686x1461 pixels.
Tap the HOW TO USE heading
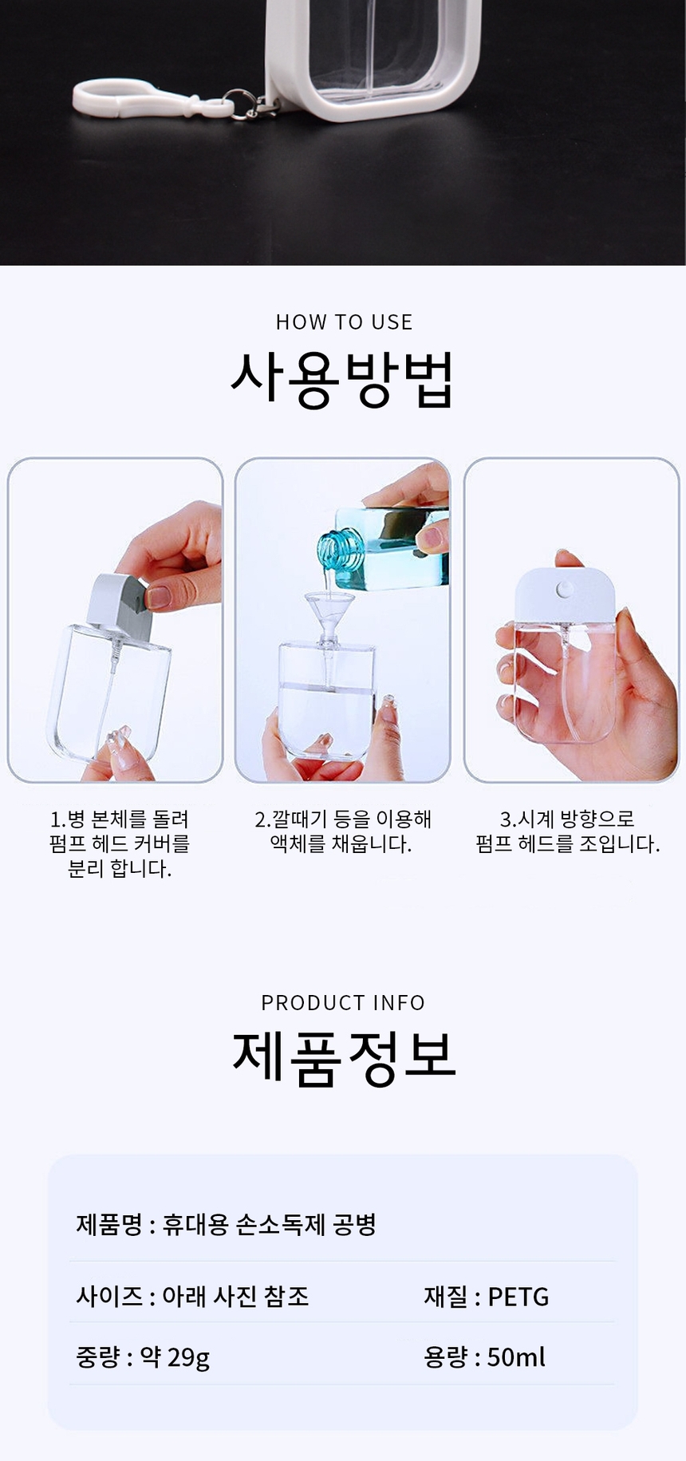(x=344, y=322)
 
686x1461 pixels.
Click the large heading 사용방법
(x=343, y=380)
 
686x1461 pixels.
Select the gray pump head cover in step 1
(x=119, y=607)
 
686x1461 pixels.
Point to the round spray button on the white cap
(x=564, y=590)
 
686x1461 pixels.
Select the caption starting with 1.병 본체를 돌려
(x=120, y=843)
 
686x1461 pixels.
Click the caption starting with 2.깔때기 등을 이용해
(x=343, y=831)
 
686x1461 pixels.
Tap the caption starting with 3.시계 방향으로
(x=568, y=831)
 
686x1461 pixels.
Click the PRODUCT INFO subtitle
(x=343, y=1003)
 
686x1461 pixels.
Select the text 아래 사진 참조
(x=235, y=1296)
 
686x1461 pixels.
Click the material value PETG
(x=518, y=1297)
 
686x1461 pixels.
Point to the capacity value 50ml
(x=516, y=1357)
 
